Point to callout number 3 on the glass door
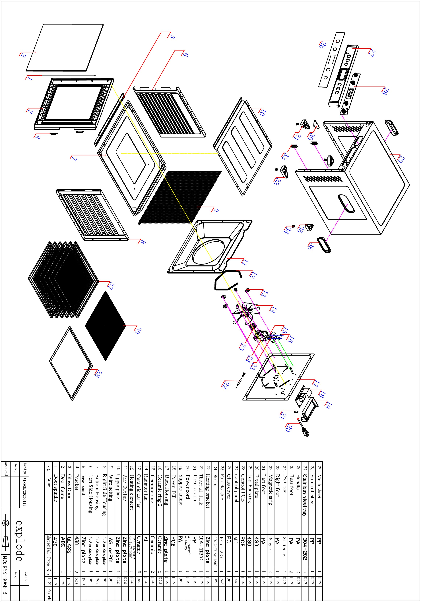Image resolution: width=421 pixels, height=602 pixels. point(23,55)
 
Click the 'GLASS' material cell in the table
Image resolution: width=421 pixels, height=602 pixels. point(69,544)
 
